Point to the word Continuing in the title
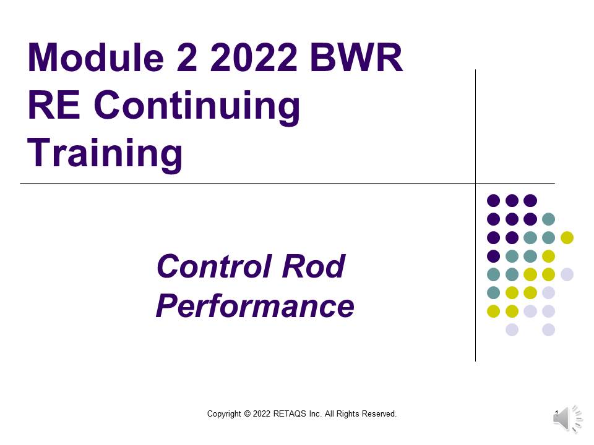[197, 107]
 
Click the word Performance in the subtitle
[254, 306]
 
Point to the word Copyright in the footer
[224, 414]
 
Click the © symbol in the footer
[247, 414]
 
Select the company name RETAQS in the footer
[289, 414]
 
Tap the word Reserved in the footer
[379, 414]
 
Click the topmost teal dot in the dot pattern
[548, 219]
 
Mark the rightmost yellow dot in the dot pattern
[567, 237]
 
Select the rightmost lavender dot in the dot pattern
[567, 274]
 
